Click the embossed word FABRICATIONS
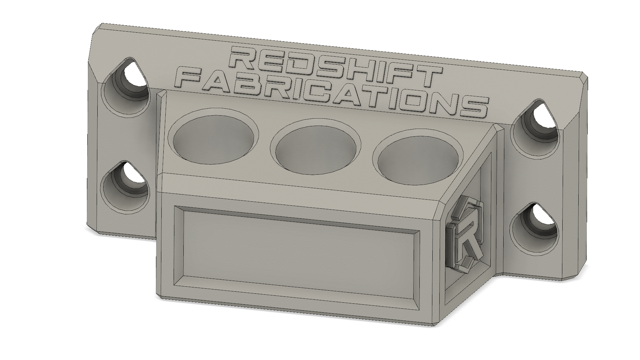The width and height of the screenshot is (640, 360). tap(331, 94)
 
